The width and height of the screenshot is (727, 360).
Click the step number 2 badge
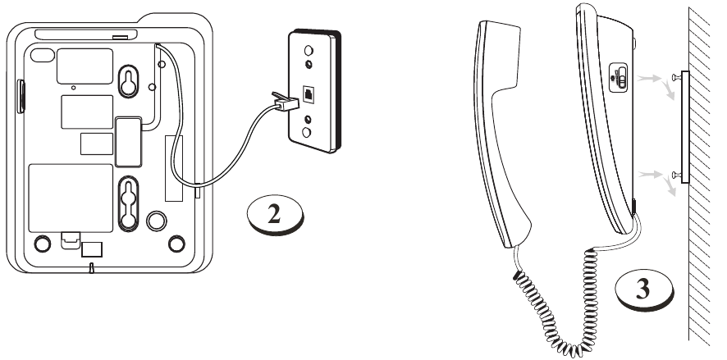[x=275, y=215]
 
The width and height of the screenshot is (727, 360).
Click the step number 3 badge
[x=644, y=289]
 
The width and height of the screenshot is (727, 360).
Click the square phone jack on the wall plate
[x=309, y=93]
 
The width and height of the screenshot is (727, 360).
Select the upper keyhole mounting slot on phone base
[x=128, y=81]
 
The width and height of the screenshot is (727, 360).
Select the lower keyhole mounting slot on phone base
[x=129, y=203]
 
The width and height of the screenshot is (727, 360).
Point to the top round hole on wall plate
[x=308, y=50]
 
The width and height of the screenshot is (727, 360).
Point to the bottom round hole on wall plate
[x=306, y=133]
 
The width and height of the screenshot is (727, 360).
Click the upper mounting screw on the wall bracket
[x=675, y=76]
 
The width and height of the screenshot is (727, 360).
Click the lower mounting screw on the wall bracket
[x=676, y=175]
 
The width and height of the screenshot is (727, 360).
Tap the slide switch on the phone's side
[x=619, y=77]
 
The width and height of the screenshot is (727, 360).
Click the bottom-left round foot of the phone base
[x=42, y=244]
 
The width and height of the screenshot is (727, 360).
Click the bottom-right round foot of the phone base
[x=176, y=244]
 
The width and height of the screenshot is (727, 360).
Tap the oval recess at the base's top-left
[x=42, y=55]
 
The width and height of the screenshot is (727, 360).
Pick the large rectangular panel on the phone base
[x=71, y=198]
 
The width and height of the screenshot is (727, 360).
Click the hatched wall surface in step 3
[x=699, y=176]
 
